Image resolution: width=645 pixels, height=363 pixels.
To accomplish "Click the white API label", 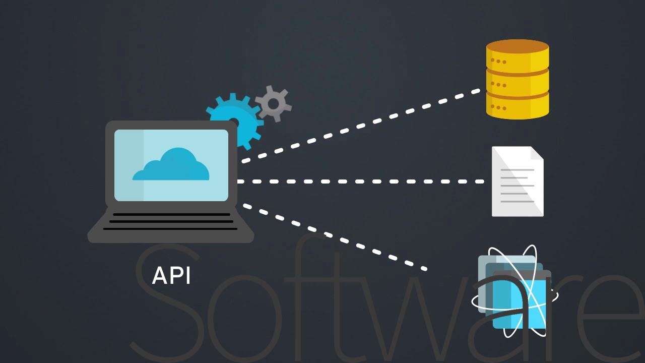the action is [171, 276].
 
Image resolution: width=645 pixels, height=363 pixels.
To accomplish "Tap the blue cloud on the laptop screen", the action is [171, 165].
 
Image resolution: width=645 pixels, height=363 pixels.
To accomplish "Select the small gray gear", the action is [273, 104].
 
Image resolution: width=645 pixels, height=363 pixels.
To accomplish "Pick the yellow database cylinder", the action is [518, 80].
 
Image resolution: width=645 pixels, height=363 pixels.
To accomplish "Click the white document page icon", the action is [518, 181].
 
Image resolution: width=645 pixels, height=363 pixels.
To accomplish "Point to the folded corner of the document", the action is [537, 153].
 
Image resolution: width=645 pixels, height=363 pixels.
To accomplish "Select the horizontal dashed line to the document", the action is [360, 181].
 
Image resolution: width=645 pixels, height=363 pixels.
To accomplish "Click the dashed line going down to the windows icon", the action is [335, 237].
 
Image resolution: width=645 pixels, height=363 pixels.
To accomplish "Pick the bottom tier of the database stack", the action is [518, 106].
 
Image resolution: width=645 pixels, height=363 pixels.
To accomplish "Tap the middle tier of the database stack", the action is [518, 83].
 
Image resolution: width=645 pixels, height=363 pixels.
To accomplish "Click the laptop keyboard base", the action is [171, 225].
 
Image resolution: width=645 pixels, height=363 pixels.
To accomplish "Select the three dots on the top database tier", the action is [498, 62].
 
